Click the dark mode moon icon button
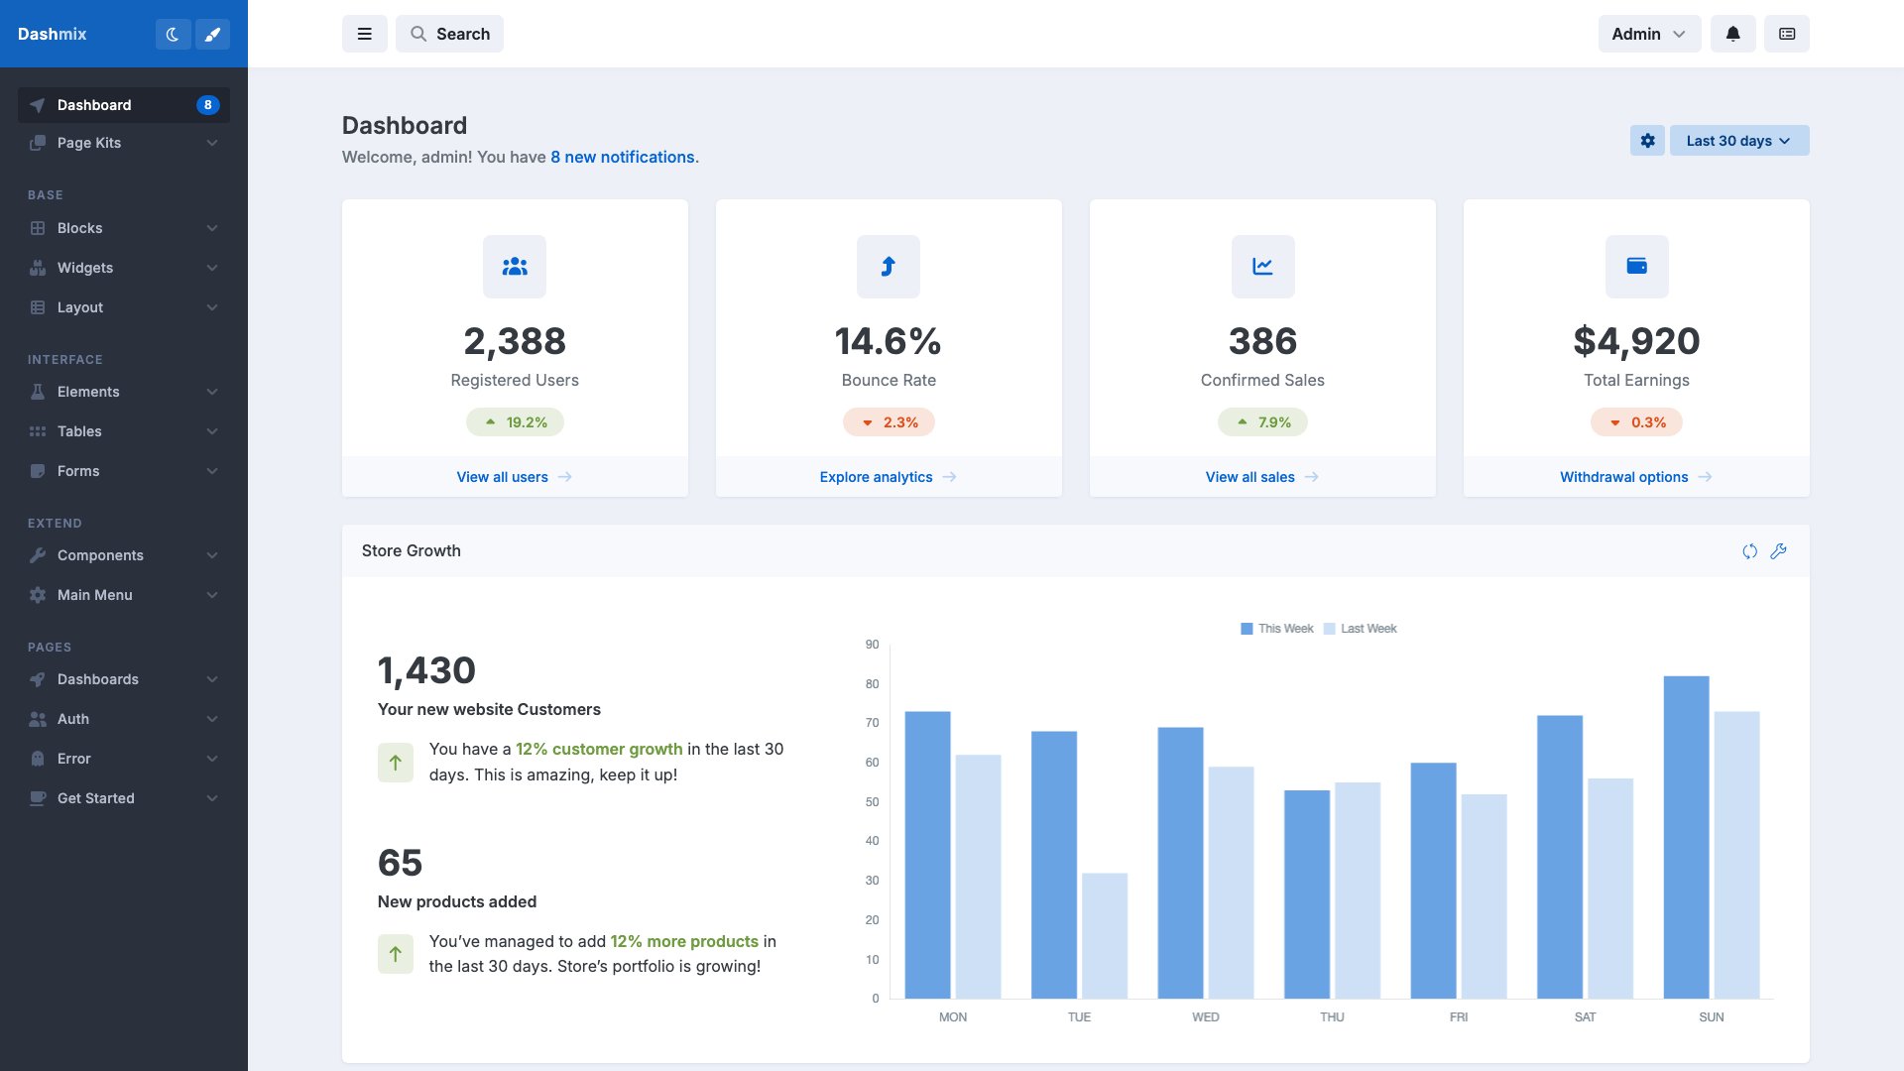pos(173,34)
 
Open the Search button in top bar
pos(449,34)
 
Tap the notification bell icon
pos(1732,34)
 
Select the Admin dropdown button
pos(1648,34)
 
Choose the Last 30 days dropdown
pos(1738,141)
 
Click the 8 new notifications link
pos(623,157)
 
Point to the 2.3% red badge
pos(889,422)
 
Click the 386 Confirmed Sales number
pos(1261,341)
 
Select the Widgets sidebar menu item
pos(85,268)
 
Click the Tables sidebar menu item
pos(79,431)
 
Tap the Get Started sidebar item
pos(95,798)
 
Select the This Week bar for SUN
pos(1686,838)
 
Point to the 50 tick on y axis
pos(872,802)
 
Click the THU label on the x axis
pos(1332,1017)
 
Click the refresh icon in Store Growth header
pos(1749,551)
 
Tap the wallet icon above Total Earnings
pos(1636,266)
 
